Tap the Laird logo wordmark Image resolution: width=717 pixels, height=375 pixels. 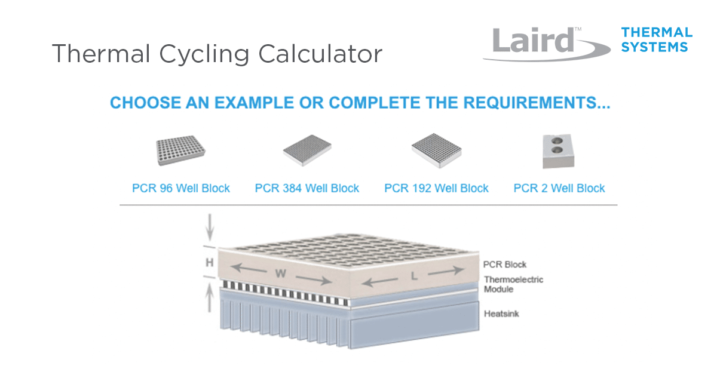tap(533, 41)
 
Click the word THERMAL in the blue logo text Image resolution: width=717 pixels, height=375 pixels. tap(657, 33)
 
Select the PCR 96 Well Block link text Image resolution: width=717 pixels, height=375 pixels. tap(181, 188)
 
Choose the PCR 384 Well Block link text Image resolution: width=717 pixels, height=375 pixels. tap(307, 188)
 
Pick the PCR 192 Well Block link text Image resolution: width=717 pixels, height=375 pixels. tap(436, 188)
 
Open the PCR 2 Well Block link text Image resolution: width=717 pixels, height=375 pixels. tap(559, 188)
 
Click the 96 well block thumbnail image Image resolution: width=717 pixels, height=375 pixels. tap(180, 150)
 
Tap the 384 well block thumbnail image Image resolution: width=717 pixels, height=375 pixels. tap(307, 150)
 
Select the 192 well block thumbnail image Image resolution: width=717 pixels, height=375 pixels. tap(437, 150)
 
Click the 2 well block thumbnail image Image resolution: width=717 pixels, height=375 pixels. tap(559, 151)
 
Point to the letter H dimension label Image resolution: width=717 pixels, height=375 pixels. tap(210, 263)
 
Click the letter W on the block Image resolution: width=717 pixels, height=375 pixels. tap(281, 273)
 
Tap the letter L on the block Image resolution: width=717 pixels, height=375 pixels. tap(414, 276)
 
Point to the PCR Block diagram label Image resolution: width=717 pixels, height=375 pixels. tap(505, 265)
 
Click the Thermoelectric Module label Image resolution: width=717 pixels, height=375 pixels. tap(513, 284)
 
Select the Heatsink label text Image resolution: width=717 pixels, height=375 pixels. tap(501, 313)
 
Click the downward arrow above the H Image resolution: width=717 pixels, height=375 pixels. tap(210, 227)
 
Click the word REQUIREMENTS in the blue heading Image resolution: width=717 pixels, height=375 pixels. tap(537, 103)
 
